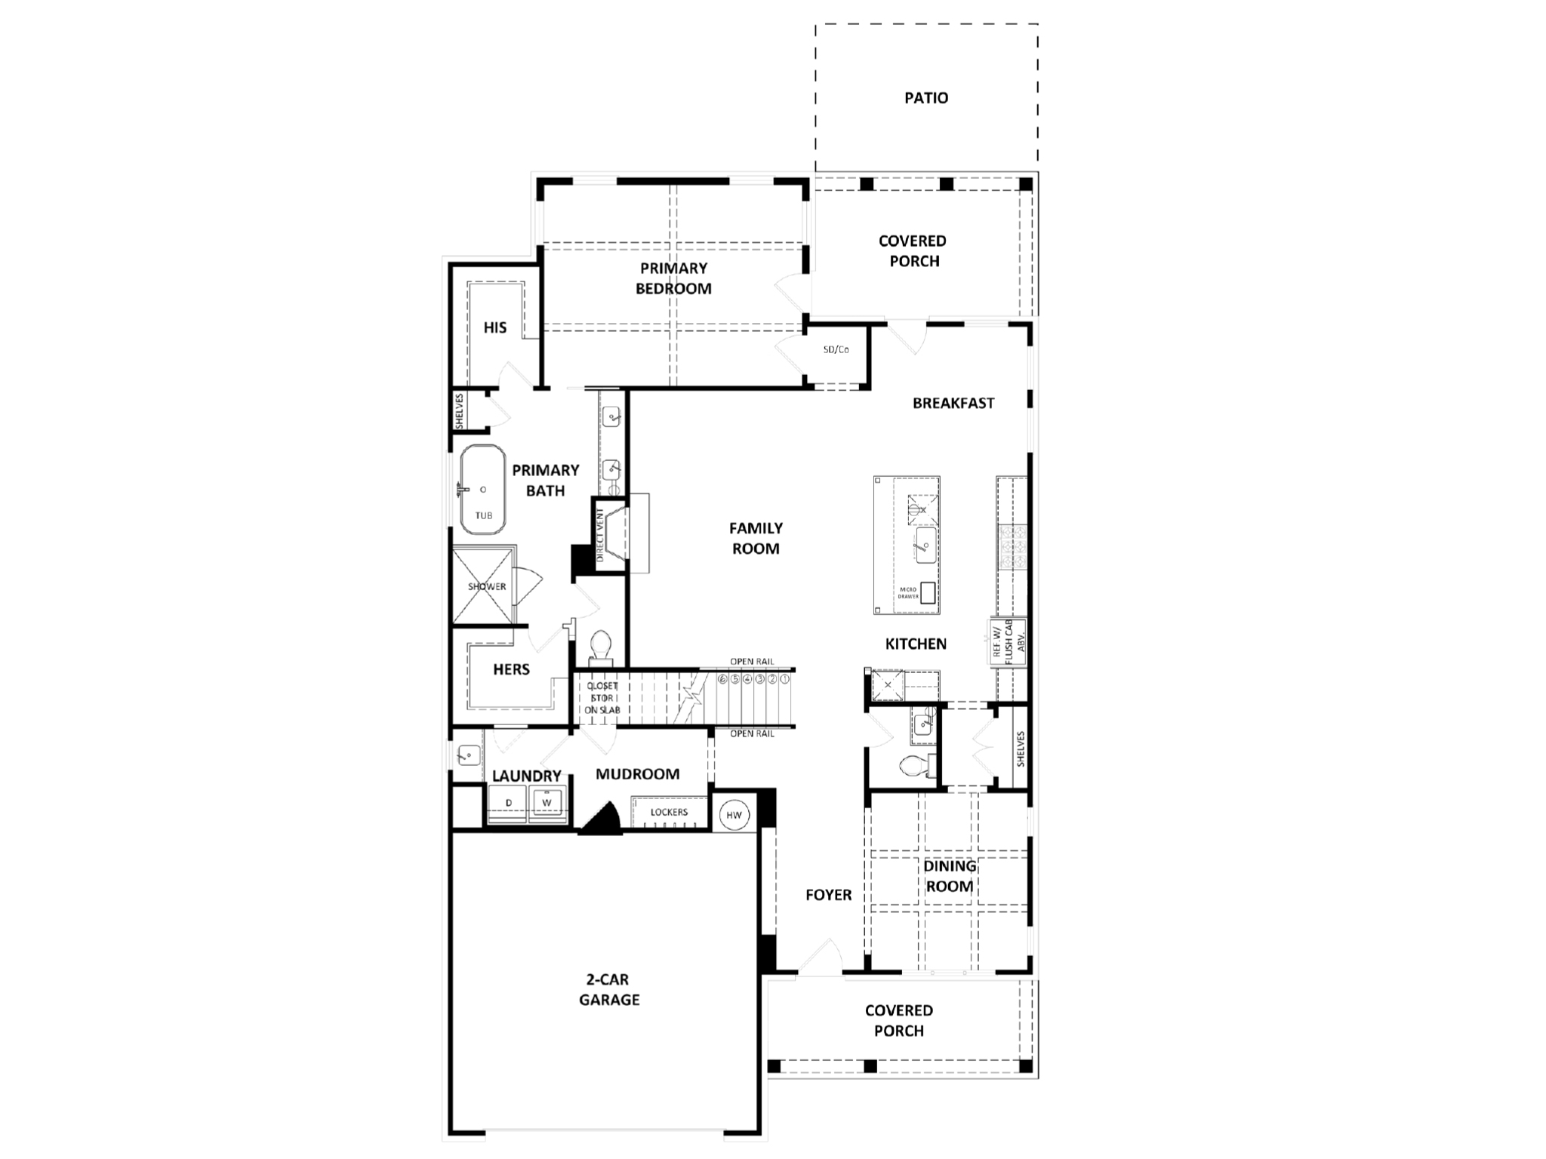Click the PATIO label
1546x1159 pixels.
[x=926, y=98]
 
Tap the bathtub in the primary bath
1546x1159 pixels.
[x=482, y=490]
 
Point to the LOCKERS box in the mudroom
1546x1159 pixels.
[x=669, y=813]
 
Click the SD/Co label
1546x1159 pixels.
[x=836, y=350]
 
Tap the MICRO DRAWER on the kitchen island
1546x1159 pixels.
[x=927, y=593]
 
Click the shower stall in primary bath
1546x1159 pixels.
[x=485, y=586]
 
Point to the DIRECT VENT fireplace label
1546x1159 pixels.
[x=601, y=535]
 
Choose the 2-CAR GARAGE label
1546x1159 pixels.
[x=609, y=989]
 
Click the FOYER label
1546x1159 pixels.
[x=828, y=895]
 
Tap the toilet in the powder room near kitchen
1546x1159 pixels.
[x=914, y=767]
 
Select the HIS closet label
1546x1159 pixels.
[x=495, y=327]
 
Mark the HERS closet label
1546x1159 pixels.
[x=511, y=669]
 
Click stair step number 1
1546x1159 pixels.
[x=785, y=679]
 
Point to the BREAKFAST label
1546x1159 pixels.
[x=953, y=403]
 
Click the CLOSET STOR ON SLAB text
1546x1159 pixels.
[x=602, y=698]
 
